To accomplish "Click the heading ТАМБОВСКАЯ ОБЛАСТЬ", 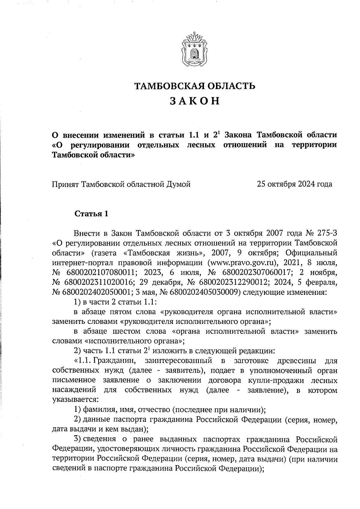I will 194,86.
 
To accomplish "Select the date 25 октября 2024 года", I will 294,184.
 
